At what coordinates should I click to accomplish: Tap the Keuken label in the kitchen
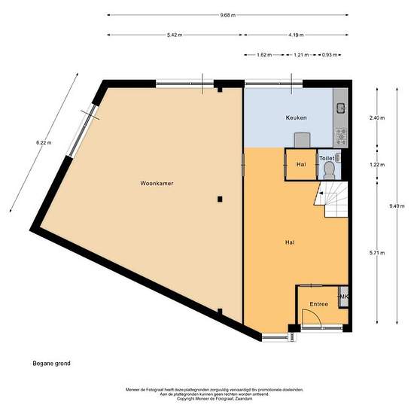point(295,118)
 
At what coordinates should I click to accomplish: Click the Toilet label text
point(327,159)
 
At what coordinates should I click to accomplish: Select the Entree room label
point(318,303)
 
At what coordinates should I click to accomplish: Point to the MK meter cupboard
point(344,297)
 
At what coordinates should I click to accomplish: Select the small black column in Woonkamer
point(219,199)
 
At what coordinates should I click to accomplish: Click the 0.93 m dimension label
point(329,55)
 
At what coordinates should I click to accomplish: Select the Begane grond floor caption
point(50,363)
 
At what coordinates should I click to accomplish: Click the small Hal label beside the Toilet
point(300,164)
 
